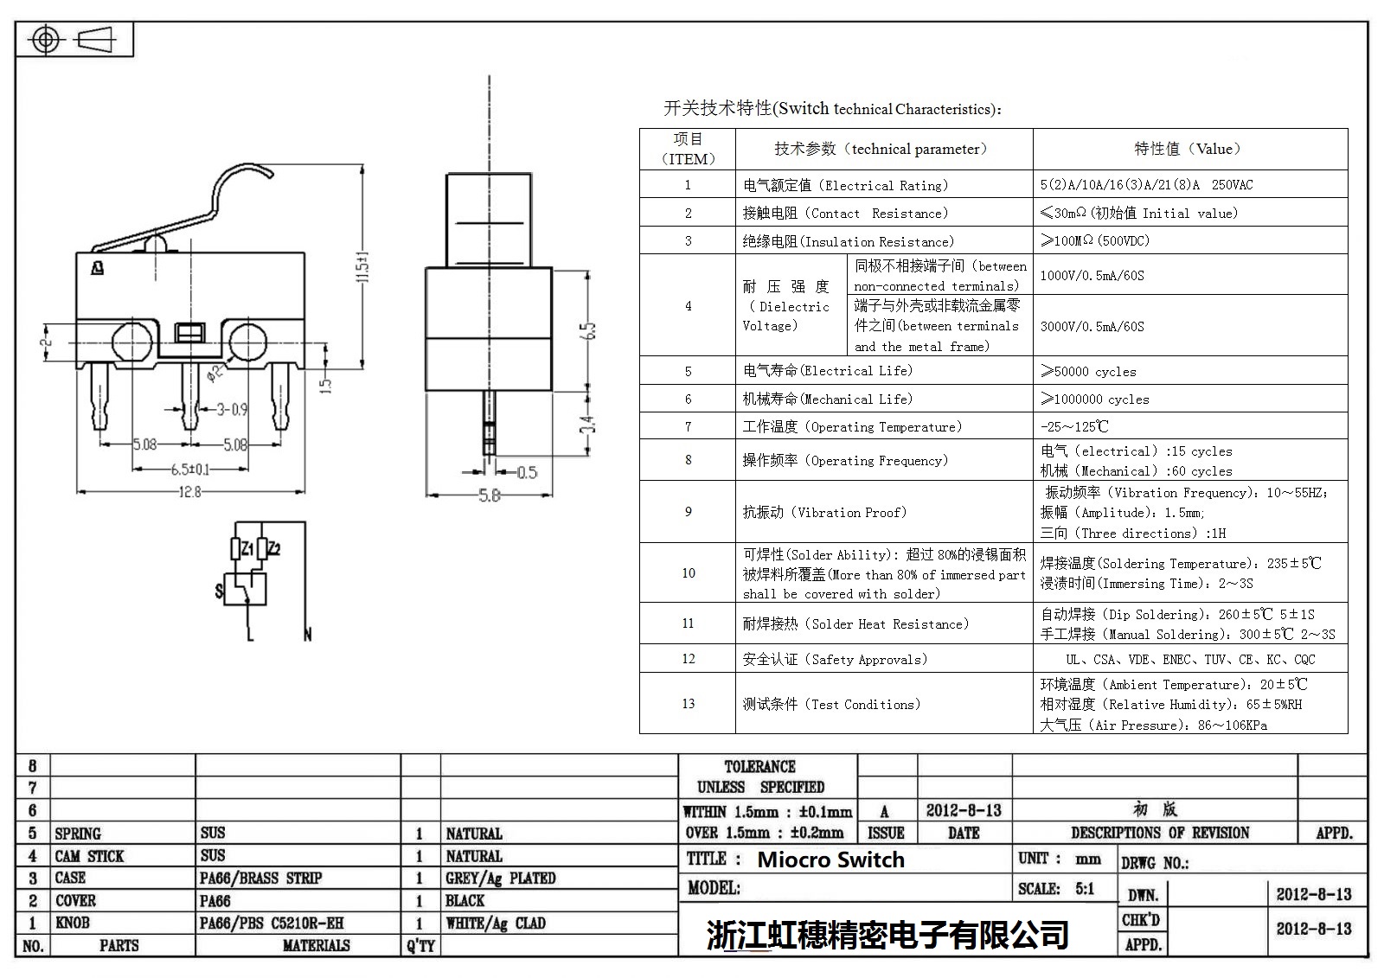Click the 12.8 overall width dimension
189,492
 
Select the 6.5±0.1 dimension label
190,470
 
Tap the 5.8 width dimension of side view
490,495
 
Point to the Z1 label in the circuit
247,548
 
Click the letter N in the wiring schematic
308,635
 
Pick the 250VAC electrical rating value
1232,185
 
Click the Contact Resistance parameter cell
845,213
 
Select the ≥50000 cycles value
1089,371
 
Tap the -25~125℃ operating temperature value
1074,427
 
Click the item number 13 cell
689,704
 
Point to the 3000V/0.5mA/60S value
1092,326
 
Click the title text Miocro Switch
831,860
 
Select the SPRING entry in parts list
78,834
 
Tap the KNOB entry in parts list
73,923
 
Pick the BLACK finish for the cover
465,901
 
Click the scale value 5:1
1085,889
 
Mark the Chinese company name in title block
887,934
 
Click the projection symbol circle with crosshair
46,41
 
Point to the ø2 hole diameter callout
215,374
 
